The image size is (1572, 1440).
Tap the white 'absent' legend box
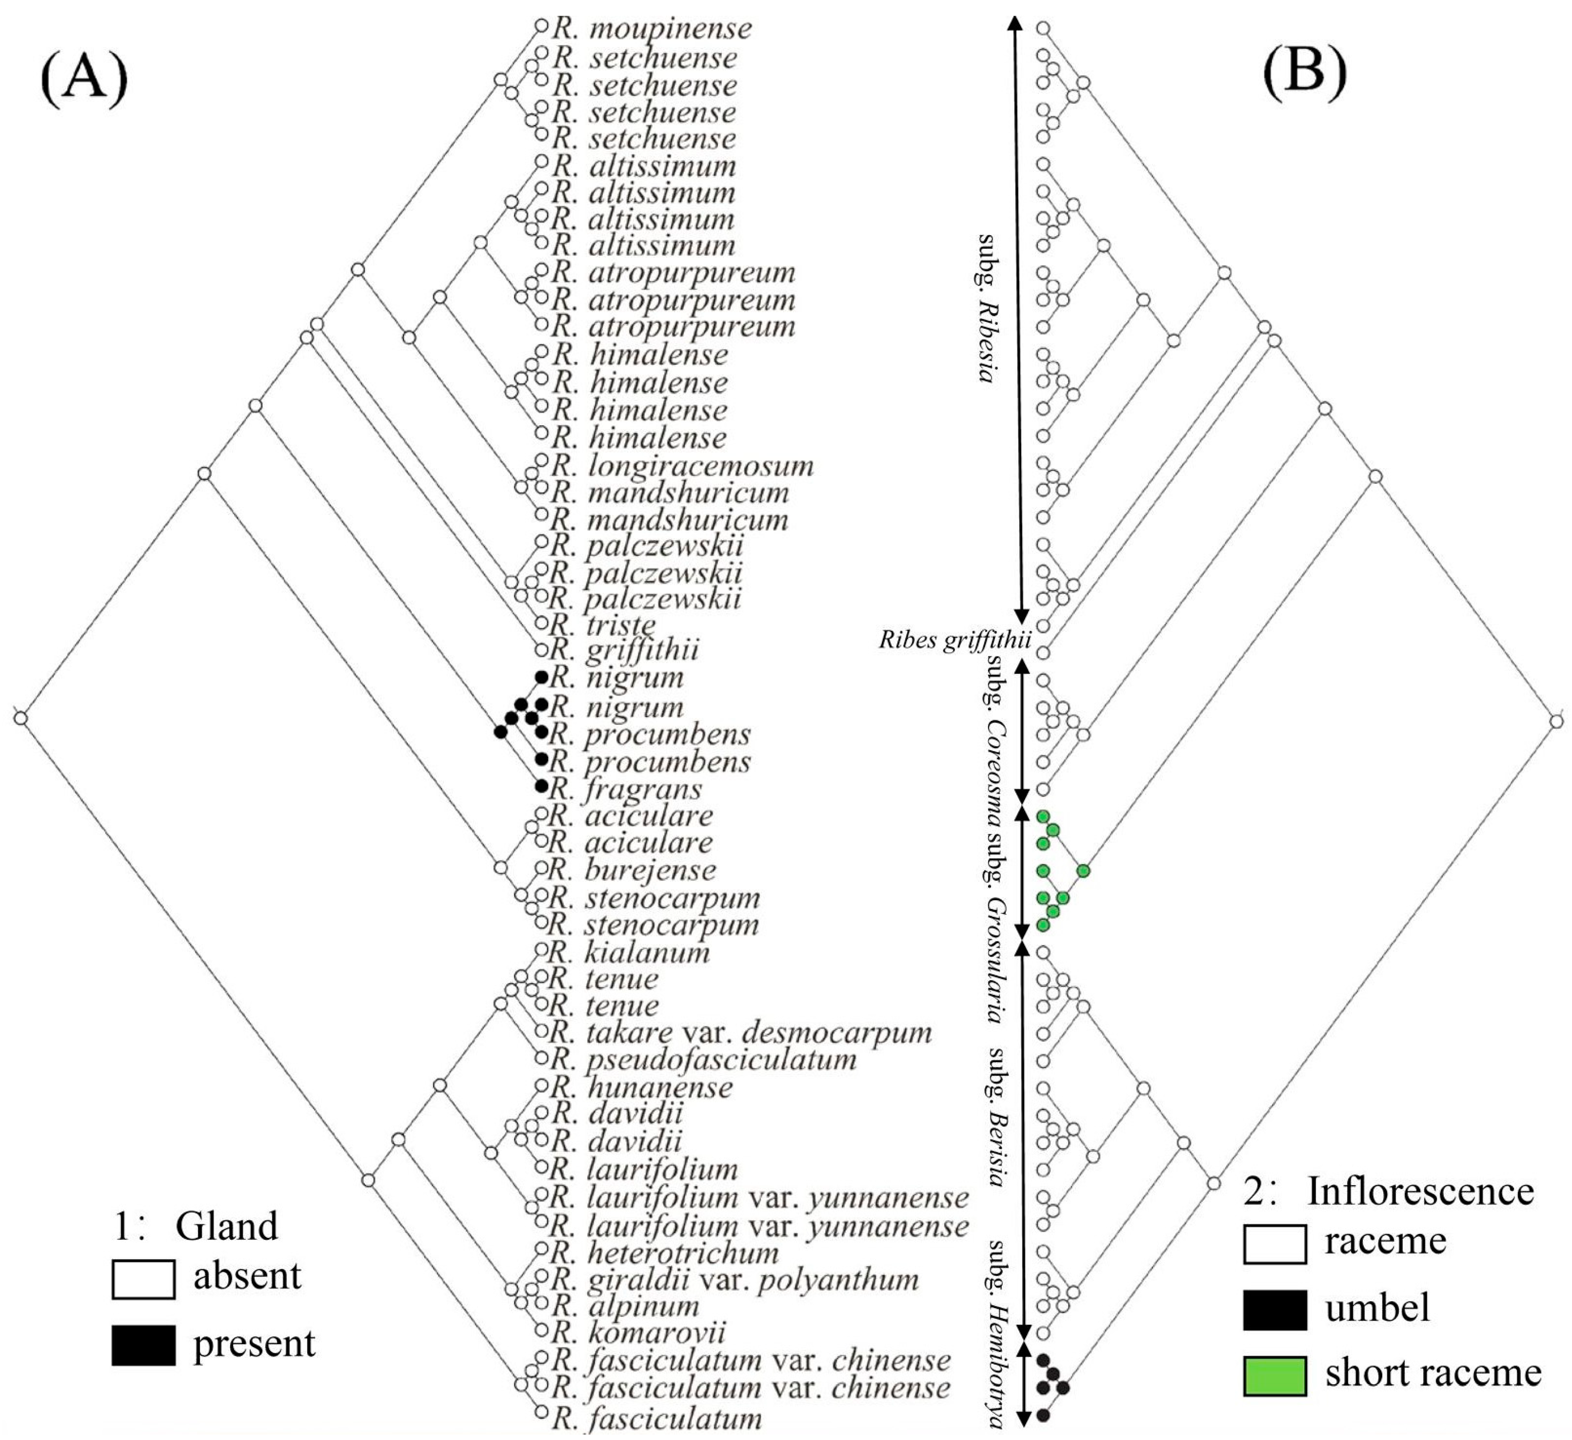(143, 1279)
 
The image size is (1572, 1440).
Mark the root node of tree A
(21, 717)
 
